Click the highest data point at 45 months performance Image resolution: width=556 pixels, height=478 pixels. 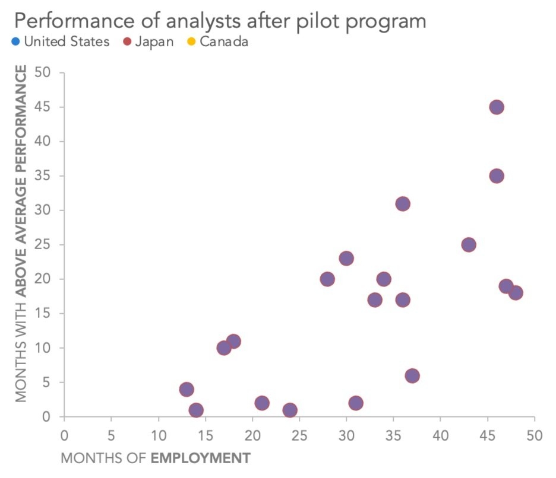click(x=497, y=107)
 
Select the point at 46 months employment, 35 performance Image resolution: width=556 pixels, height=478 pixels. click(x=497, y=176)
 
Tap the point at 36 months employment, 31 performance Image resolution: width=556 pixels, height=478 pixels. click(x=403, y=203)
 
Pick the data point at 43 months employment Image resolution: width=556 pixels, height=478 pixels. click(x=469, y=245)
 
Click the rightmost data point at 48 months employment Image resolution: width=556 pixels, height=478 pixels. click(x=516, y=293)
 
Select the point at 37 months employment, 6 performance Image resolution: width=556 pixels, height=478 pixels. click(x=412, y=375)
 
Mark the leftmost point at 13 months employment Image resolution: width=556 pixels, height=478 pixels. click(x=187, y=390)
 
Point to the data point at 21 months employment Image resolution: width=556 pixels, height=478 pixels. click(x=262, y=403)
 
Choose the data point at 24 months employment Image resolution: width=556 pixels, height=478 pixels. click(x=290, y=410)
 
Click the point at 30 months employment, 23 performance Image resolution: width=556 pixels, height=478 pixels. click(x=346, y=259)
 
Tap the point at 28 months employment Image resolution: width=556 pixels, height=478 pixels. click(x=327, y=279)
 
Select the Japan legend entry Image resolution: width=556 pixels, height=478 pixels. click(x=148, y=42)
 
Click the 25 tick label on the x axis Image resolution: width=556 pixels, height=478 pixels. click(x=299, y=435)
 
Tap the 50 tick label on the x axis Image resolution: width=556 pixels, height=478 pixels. click(x=534, y=435)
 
